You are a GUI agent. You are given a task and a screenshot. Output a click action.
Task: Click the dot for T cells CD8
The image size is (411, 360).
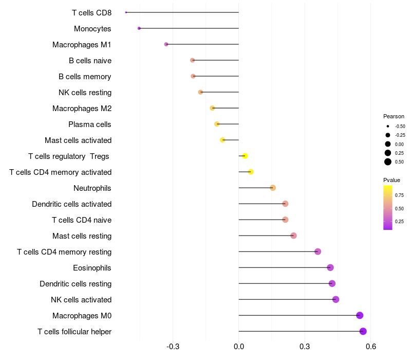coord(126,12)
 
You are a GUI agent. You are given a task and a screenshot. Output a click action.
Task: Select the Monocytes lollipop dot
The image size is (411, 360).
coord(139,28)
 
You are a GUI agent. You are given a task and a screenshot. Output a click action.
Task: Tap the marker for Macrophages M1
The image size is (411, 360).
coord(166,44)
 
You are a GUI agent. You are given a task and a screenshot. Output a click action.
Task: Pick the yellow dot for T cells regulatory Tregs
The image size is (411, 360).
coord(245,156)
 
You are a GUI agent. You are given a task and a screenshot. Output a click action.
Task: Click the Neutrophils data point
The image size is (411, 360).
coord(273,188)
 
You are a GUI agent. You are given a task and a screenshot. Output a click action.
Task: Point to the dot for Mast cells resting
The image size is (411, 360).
coord(293,236)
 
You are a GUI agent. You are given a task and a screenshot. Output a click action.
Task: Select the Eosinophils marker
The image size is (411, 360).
coord(330,267)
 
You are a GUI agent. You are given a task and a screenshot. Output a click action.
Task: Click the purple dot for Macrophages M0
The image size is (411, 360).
coord(360,315)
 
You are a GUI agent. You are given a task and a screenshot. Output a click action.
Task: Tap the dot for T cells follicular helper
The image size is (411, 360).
coord(363,331)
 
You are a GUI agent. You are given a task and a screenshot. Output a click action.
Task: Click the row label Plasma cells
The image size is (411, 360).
coord(89,124)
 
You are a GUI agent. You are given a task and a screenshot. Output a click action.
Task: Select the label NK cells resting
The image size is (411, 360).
coord(85,93)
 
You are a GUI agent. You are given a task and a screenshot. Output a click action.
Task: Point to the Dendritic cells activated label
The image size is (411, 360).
coord(71,204)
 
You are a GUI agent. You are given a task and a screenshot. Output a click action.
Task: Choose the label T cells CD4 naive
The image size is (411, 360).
coord(82,220)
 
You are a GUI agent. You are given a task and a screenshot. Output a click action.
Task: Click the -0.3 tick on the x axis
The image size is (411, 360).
coord(173,347)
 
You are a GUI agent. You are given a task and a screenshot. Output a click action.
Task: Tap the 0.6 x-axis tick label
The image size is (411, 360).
coord(370,347)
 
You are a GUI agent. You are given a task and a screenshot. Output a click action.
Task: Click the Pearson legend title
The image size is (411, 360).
coord(394,116)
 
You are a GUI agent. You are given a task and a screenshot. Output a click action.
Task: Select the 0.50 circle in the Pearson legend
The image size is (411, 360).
coord(388,162)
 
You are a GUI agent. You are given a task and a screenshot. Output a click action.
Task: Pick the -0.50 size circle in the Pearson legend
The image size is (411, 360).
coord(388,126)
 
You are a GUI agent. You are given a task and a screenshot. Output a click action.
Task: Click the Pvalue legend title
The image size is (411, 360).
coord(391,180)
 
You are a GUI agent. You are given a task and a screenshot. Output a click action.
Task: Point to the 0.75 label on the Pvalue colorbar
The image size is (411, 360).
coord(399,195)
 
